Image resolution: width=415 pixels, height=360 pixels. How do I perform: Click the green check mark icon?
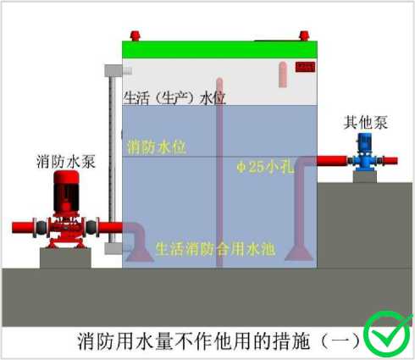pos(386,334)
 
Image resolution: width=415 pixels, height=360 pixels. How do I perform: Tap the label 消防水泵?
pos(66,162)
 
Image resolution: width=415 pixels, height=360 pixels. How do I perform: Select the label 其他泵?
pos(365,123)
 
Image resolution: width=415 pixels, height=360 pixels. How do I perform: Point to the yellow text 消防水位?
pos(157,147)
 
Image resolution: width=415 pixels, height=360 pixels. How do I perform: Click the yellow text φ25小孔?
pos(265,167)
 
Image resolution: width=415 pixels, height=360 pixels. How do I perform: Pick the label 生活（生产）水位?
pos(174,98)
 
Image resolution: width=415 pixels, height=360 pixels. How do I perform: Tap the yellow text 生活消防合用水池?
pos(215,249)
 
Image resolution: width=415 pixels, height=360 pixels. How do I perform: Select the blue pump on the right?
pos(365,152)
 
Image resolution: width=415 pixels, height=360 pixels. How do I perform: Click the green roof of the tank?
pos(220,50)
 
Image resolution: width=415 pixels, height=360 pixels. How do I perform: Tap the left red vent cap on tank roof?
pos(135,36)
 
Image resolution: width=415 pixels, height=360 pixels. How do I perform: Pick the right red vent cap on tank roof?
pos(304,36)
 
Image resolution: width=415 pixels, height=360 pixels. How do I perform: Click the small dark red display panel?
pos(305,67)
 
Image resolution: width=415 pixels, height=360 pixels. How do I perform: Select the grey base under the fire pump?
pos(65,258)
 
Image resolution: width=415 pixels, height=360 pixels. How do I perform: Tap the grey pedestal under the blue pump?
pos(365,177)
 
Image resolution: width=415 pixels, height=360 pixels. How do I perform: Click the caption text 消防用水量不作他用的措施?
pos(194,341)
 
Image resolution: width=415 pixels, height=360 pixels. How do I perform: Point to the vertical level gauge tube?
pos(113,159)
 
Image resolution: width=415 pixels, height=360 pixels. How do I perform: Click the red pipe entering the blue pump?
pos(334,161)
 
